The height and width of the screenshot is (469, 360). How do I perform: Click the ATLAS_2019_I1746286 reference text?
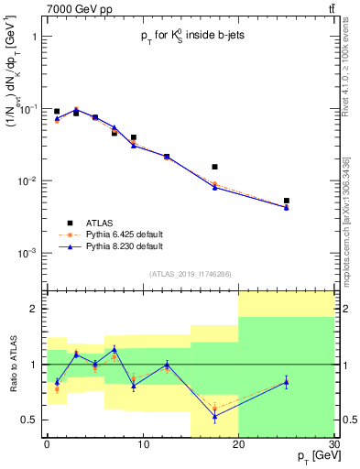pyautogui.click(x=190, y=274)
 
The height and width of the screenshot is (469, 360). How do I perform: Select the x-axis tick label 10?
pyautogui.click(x=142, y=446)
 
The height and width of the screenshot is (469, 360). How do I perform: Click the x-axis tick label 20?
pyautogui.click(x=238, y=446)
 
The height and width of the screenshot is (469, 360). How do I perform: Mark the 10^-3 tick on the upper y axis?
pyautogui.click(x=27, y=253)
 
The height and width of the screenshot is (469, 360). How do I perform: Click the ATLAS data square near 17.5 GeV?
pyautogui.click(x=214, y=167)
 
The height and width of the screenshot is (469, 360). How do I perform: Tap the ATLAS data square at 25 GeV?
pyautogui.click(x=287, y=201)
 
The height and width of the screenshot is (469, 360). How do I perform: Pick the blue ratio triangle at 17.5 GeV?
pyautogui.click(x=214, y=417)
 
